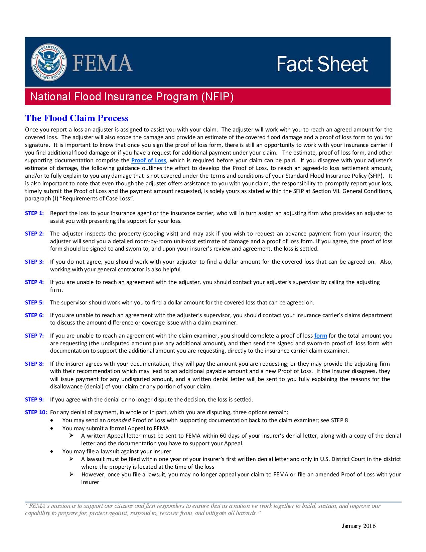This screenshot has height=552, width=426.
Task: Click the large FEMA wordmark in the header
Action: click(102, 63)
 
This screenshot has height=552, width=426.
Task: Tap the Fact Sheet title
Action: click(322, 64)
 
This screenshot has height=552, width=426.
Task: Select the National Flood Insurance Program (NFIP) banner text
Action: click(132, 97)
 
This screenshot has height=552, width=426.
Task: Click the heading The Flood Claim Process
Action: click(77, 118)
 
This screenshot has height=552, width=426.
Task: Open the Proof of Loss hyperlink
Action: click(149, 160)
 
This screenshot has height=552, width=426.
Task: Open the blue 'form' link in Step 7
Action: click(320, 336)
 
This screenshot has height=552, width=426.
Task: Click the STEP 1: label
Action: click(34, 213)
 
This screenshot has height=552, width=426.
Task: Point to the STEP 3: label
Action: click(34, 262)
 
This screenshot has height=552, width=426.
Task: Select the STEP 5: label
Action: click(34, 302)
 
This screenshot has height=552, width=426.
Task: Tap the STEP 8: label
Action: click(34, 364)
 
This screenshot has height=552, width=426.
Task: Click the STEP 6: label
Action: click(34, 315)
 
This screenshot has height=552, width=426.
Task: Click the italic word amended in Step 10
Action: click(116, 420)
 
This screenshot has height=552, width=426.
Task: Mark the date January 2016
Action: click(359, 526)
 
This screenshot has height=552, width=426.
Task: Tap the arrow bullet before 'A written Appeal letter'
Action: click(71, 436)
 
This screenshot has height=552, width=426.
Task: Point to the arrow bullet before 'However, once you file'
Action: click(71, 474)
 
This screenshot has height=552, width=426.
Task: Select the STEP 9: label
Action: click(34, 399)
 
